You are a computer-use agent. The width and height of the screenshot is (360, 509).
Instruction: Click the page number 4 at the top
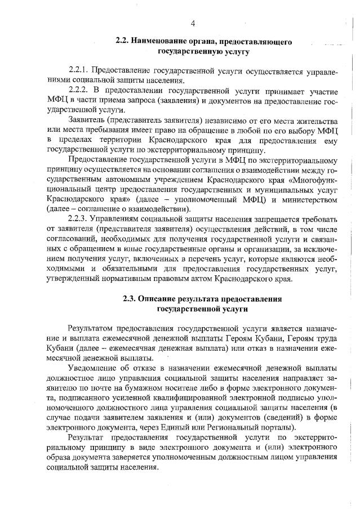[x=193, y=23]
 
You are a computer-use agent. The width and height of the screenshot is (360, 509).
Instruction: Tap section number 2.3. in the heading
[x=130, y=298]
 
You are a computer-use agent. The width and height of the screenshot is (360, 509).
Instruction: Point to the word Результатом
[x=90, y=328]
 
